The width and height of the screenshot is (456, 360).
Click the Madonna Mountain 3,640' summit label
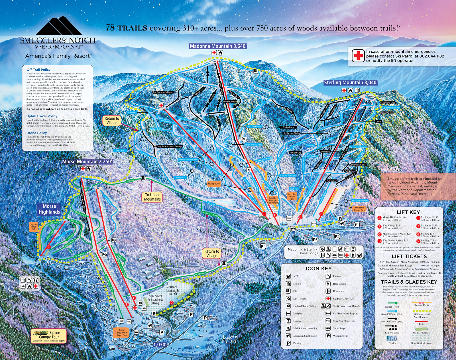pos(218,46)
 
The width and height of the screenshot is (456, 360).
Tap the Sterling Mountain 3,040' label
pos(351,83)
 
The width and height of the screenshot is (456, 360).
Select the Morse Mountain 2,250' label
pos(87,161)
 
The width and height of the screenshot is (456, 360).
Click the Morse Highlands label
pos(49,209)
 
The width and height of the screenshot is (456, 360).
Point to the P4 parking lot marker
pos(263,246)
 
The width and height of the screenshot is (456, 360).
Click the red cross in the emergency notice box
pos(358,56)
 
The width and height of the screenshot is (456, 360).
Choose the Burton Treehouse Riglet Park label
pos(122,332)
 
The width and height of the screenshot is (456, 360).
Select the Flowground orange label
pos(214,183)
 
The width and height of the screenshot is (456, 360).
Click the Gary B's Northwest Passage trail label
pos(169,146)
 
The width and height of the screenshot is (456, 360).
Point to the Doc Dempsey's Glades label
pos(163,92)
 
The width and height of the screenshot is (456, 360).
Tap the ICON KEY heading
pos(319,269)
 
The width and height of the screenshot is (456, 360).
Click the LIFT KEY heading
pos(408,212)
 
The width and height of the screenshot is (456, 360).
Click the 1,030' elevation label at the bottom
pos(160,344)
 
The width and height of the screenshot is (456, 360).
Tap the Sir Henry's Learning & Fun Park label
pos(172,291)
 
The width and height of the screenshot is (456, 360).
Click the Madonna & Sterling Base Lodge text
pos(303,251)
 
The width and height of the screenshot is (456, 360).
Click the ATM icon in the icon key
pos(288,276)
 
